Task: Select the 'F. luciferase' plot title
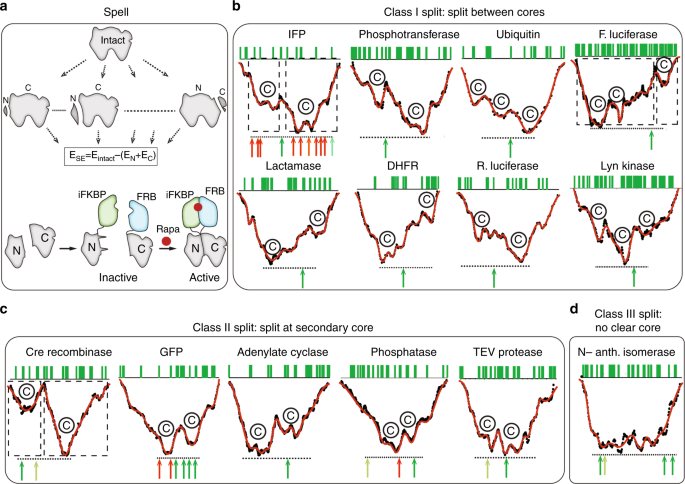point(622,35)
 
